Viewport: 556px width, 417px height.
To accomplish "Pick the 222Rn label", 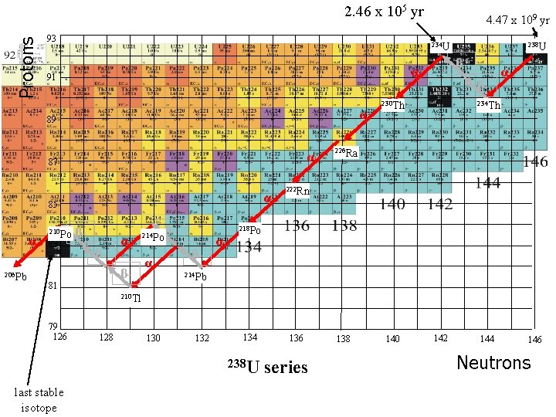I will pos(297,191).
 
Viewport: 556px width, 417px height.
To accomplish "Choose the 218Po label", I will pos(249,229).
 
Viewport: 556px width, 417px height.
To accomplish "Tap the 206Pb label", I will pos(15,276).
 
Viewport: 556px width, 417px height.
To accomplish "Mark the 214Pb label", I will pos(195,276).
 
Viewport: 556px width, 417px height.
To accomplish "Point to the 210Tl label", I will pos(131,297).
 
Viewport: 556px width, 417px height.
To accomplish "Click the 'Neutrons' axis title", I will pos(493,363).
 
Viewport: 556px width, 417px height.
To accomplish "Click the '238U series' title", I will pos(266,368).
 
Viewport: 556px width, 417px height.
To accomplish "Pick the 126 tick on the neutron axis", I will pos(59,336).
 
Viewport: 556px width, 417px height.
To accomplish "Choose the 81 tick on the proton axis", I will pos(53,287).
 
